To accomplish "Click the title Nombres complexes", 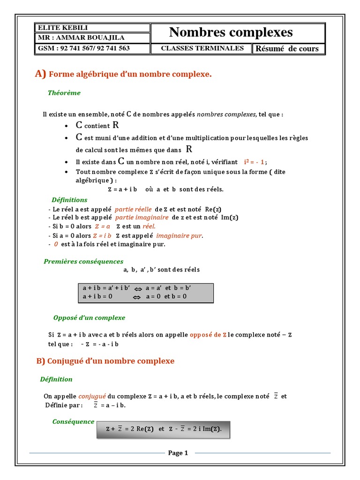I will click(x=231, y=32).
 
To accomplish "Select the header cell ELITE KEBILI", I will click(x=56, y=28).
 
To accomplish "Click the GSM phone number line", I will click(x=83, y=48).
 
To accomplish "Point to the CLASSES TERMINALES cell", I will click(x=202, y=48).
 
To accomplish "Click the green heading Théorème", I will click(x=64, y=93).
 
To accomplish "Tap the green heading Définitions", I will click(x=69, y=200).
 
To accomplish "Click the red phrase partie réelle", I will click(x=134, y=210).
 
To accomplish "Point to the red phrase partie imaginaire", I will click(x=141, y=217).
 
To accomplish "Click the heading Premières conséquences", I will click(x=83, y=262).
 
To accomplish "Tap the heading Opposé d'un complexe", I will click(x=89, y=318).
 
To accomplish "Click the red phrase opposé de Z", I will click(x=208, y=335).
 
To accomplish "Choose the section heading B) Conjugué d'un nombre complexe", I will click(x=105, y=361).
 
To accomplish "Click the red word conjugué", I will click(x=92, y=396).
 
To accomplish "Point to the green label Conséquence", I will click(x=73, y=422).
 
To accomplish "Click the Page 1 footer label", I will click(x=178, y=453).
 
